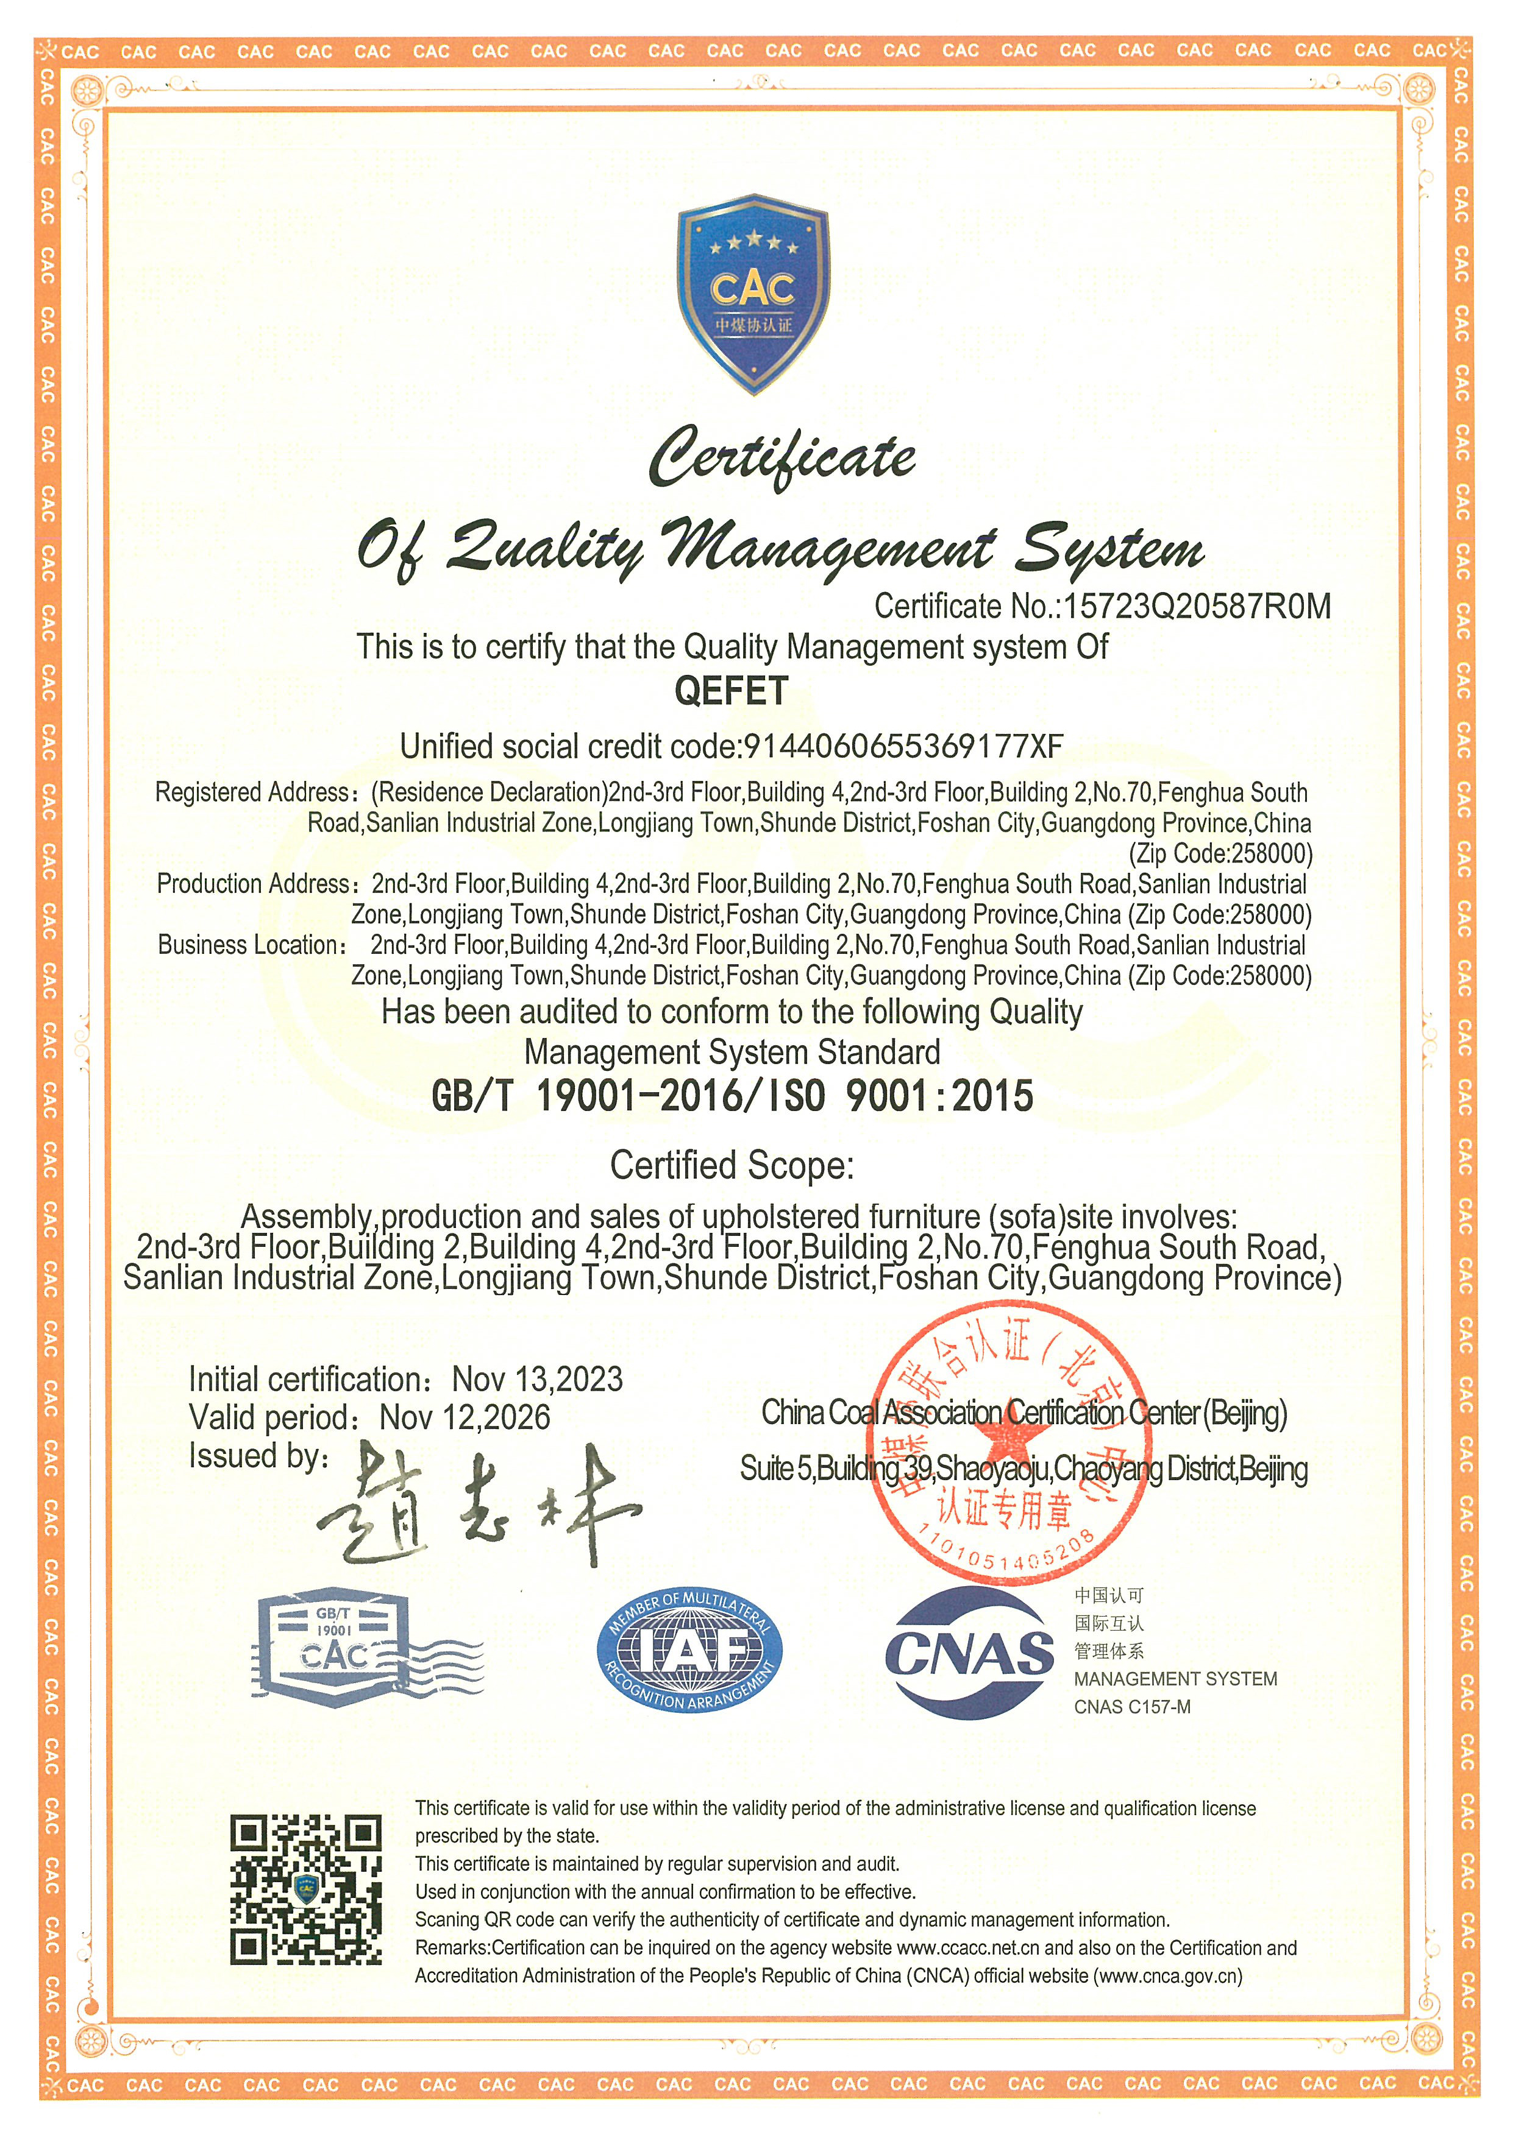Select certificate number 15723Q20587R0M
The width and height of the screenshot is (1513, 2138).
[x=1197, y=607]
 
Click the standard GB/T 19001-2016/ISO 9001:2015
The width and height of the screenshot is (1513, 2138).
[x=732, y=1096]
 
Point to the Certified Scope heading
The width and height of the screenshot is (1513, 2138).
[x=732, y=1165]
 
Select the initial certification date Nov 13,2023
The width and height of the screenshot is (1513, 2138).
[x=538, y=1379]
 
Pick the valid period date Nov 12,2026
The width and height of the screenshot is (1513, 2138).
[x=465, y=1417]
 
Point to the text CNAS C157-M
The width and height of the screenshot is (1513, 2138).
[x=1132, y=1707]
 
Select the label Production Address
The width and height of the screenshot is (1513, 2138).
[x=252, y=884]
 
